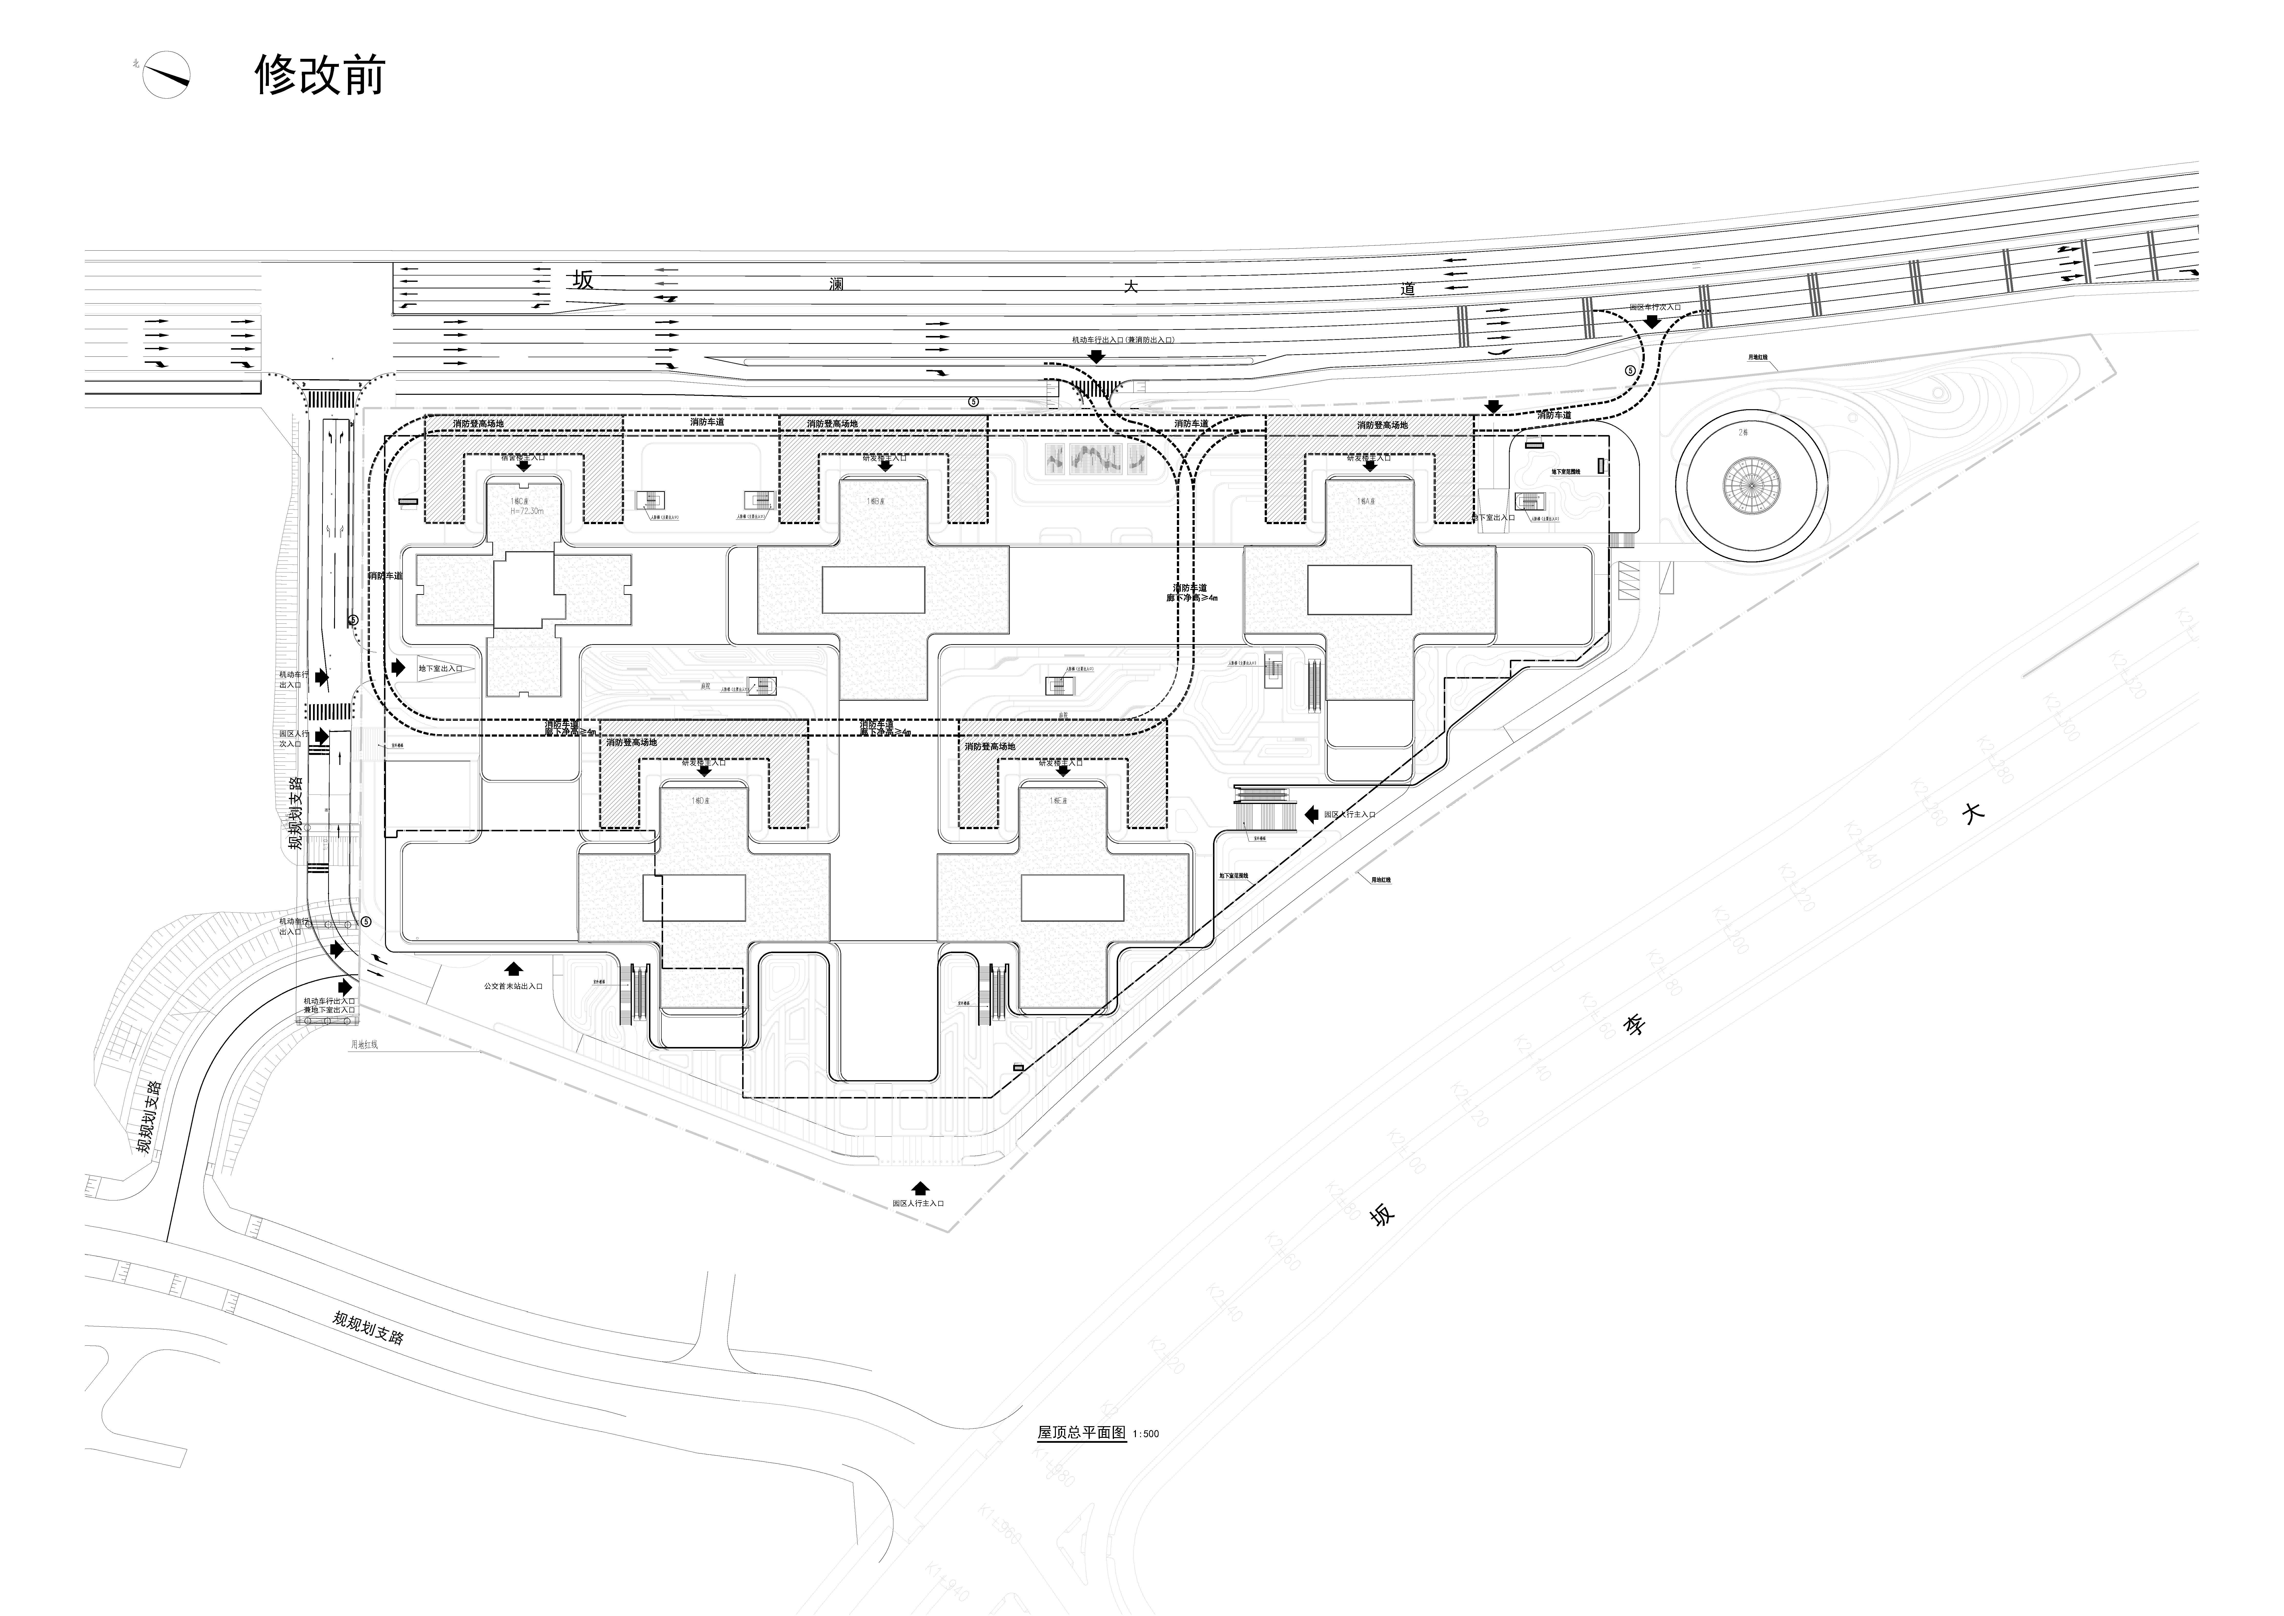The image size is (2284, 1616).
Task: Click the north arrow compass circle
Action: pos(166,75)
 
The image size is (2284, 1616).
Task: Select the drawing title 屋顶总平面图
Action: pos(1081,1433)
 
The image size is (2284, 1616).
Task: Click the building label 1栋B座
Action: pos(875,501)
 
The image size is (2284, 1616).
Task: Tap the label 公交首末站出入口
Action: pos(513,986)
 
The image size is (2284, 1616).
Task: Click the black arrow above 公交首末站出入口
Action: pos(513,967)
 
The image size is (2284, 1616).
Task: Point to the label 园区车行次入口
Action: pos(1654,307)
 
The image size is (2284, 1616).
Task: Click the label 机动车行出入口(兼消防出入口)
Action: pos(1122,340)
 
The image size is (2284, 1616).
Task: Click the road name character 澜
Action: pos(837,284)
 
